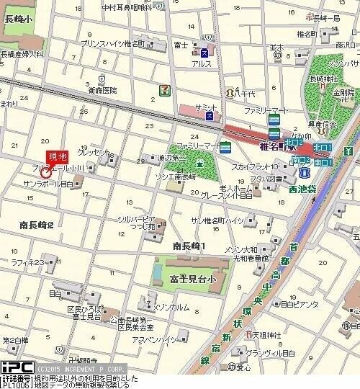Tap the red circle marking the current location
46,173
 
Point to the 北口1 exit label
320,148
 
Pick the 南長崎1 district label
189,246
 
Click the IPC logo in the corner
14,367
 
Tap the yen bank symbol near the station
348,150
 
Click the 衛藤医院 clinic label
102,90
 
